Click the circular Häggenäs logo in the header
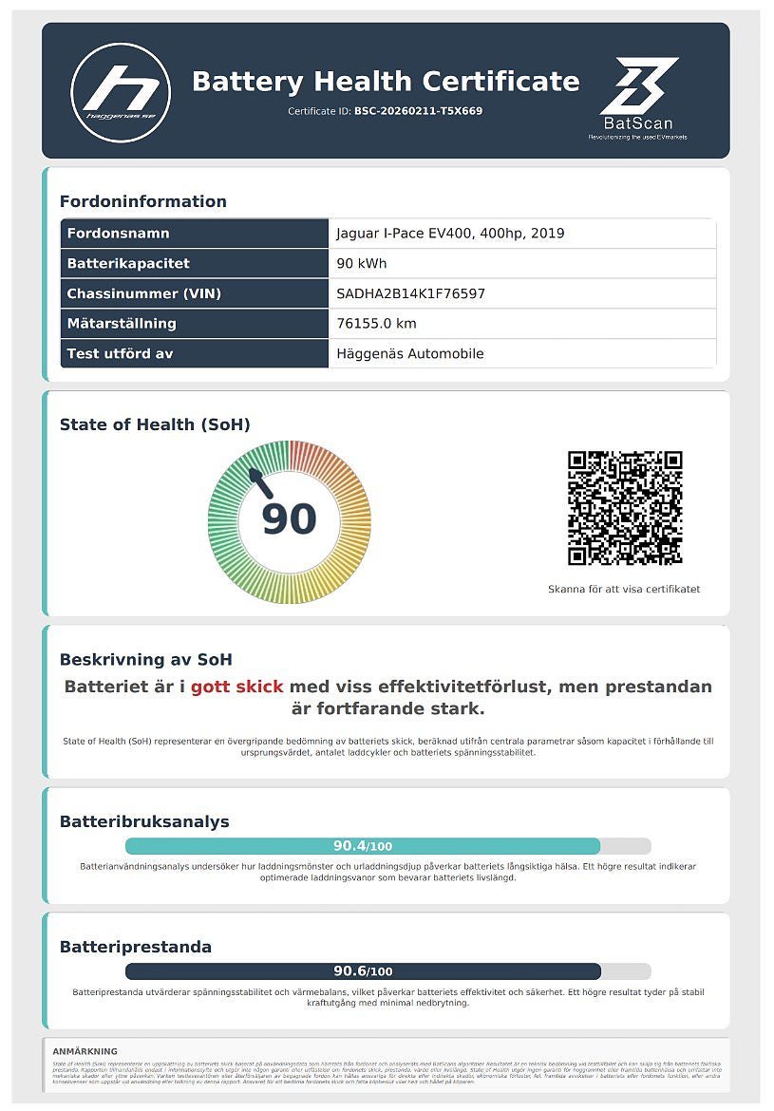[121, 91]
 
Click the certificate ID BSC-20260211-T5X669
[418, 111]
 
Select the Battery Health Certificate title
[385, 82]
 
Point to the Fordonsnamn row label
[118, 234]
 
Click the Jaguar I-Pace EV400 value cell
[450, 234]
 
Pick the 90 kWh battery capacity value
[362, 264]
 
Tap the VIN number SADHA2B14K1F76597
[410, 293]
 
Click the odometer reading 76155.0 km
[376, 324]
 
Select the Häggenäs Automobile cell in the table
[410, 354]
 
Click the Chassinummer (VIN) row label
[143, 293]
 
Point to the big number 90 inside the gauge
[289, 519]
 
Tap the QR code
[625, 508]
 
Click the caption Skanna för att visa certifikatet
[624, 590]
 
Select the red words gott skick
[236, 687]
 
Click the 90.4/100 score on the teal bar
[363, 846]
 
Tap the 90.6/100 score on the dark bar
[363, 971]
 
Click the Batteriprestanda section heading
[136, 947]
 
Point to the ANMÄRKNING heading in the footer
[85, 1051]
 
